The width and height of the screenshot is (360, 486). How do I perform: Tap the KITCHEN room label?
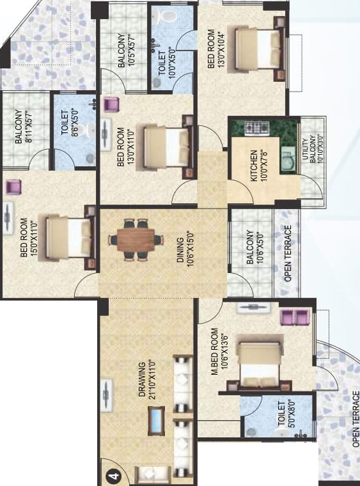(254, 166)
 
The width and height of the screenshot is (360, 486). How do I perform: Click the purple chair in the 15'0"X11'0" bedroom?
(13, 187)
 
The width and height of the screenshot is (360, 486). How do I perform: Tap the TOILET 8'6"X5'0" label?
(69, 127)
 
